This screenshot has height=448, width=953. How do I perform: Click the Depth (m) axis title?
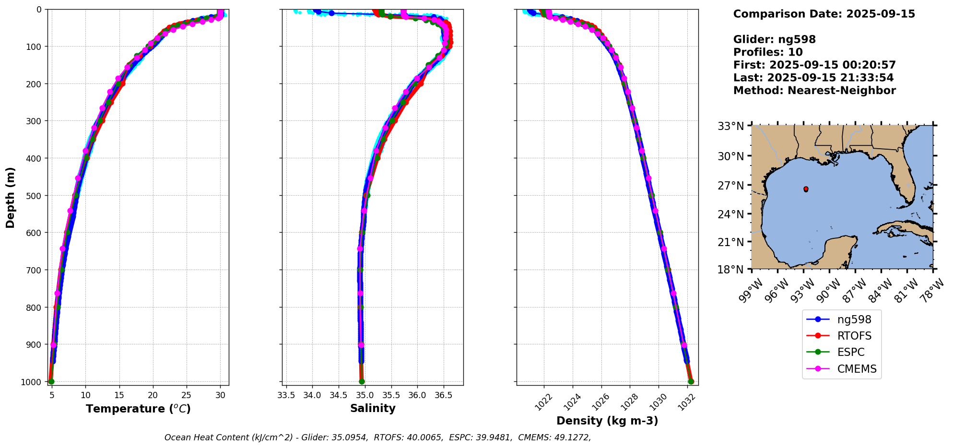coord(11,197)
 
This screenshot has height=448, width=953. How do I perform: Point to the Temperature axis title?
coord(138,409)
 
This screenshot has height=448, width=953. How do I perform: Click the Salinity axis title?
coord(373,409)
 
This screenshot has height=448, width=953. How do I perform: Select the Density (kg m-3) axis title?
coord(607,421)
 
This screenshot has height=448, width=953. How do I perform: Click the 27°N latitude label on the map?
coord(730,185)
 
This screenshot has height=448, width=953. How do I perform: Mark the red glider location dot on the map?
coord(806,189)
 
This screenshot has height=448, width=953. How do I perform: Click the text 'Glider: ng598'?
coord(774,39)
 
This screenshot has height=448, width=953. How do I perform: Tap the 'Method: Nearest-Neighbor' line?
coord(814,90)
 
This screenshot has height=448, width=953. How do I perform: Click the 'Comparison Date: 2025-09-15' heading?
coord(824,14)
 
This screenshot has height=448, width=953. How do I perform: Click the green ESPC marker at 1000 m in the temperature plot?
coord(51,381)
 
